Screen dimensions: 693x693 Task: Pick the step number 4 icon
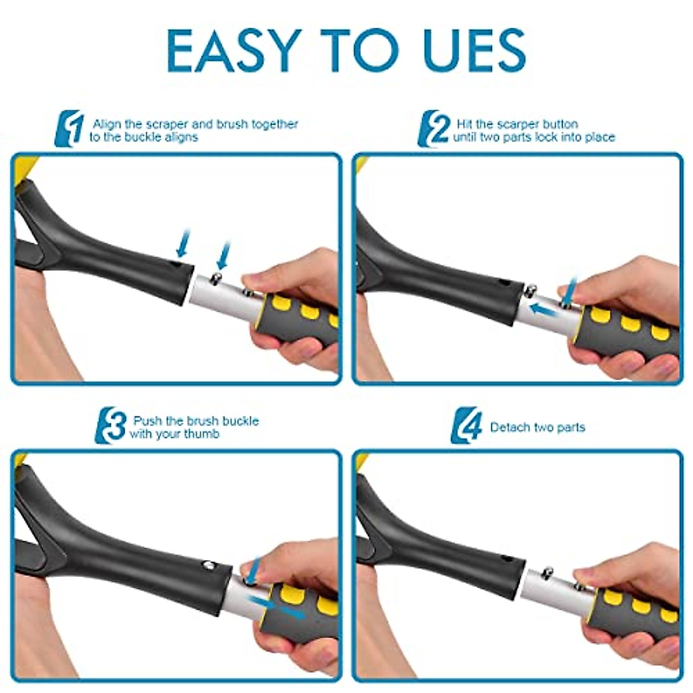[467, 426]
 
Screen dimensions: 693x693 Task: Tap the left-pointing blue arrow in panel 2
[545, 310]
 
